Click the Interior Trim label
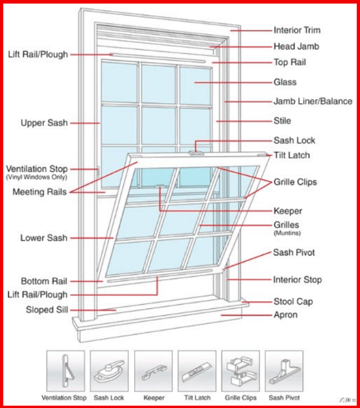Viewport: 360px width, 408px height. coord(297,30)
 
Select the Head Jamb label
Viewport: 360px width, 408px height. coord(296,46)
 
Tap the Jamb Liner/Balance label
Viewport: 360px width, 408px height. coord(313,101)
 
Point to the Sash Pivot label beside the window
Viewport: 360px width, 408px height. coord(294,253)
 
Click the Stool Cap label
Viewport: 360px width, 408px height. coord(293,302)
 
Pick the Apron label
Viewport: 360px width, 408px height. coord(286,315)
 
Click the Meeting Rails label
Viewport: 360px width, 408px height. coord(39,192)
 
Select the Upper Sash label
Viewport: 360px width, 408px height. coord(44,123)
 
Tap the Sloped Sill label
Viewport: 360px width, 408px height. coord(47,310)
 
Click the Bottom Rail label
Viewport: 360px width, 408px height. coord(44,281)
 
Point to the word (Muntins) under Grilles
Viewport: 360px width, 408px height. coord(287,233)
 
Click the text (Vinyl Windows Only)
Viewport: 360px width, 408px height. coord(36,177)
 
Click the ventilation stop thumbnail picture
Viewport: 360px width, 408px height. coord(66,371)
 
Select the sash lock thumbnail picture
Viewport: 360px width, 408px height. coord(109,371)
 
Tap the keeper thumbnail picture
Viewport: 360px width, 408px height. coord(153,371)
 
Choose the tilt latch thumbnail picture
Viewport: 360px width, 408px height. coord(197,371)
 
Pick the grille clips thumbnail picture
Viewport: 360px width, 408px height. coord(241,371)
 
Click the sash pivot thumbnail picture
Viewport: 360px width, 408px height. coord(284,371)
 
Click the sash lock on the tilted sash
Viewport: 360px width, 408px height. coord(196,153)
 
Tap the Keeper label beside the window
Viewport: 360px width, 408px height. coord(288,211)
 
